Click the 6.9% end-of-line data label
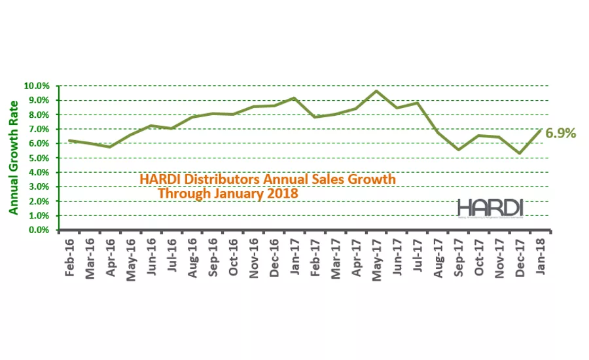pyautogui.click(x=561, y=134)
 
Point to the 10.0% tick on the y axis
pyautogui.click(x=37, y=86)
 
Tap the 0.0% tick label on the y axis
pyautogui.click(x=38, y=230)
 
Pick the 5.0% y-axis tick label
pyautogui.click(x=38, y=158)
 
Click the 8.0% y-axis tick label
pyautogui.click(x=38, y=115)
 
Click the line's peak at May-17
pyautogui.click(x=376, y=91)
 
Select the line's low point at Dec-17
pyautogui.click(x=519, y=153)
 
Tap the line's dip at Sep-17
pyautogui.click(x=458, y=149)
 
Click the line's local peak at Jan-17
pyautogui.click(x=294, y=98)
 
